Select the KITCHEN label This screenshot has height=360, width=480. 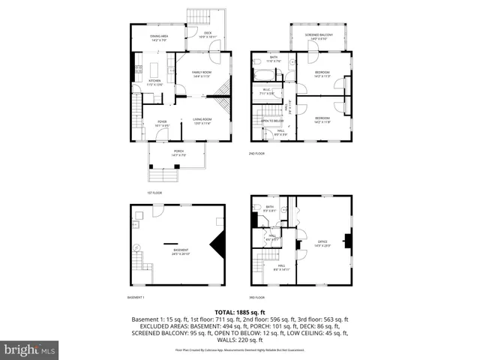pyautogui.click(x=154, y=82)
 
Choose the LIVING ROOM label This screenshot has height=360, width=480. pyautogui.click(x=202, y=121)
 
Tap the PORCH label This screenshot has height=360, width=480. pyautogui.click(x=178, y=152)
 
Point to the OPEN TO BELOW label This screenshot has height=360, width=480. pyautogui.click(x=271, y=121)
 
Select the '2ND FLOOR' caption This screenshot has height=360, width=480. pyautogui.click(x=257, y=154)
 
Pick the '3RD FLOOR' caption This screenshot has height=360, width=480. pyautogui.click(x=257, y=298)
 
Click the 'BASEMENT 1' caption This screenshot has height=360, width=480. pyautogui.click(x=136, y=298)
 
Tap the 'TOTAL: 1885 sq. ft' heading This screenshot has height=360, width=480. pyautogui.click(x=240, y=311)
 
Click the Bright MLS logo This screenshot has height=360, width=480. pyautogui.click(x=29, y=349)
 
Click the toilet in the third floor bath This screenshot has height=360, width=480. pyautogui.click(x=257, y=208)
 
